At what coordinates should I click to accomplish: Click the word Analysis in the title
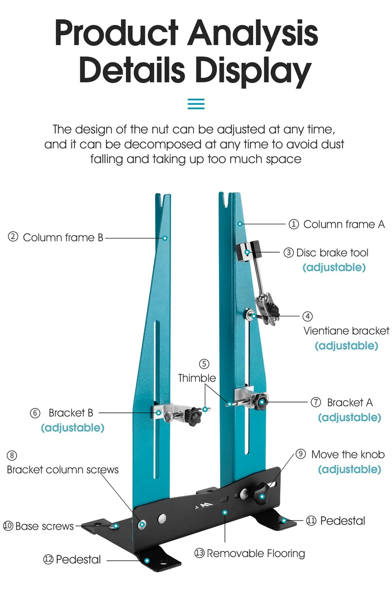point(253,34)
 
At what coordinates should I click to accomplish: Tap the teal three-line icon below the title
point(196,104)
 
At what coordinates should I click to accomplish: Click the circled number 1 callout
point(293,224)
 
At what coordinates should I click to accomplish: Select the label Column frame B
point(63,238)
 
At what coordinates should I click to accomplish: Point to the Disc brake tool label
point(332,253)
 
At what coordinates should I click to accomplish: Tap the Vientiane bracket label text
point(346,331)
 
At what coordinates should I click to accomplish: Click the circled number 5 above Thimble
point(204,364)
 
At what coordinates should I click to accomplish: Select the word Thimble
point(196,378)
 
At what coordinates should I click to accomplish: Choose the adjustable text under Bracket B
point(73,428)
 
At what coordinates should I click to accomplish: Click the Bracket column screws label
point(63,470)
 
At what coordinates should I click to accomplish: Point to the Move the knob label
point(348,454)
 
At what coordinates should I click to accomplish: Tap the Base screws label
point(45,526)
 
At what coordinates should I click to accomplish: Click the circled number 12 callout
point(48,559)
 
